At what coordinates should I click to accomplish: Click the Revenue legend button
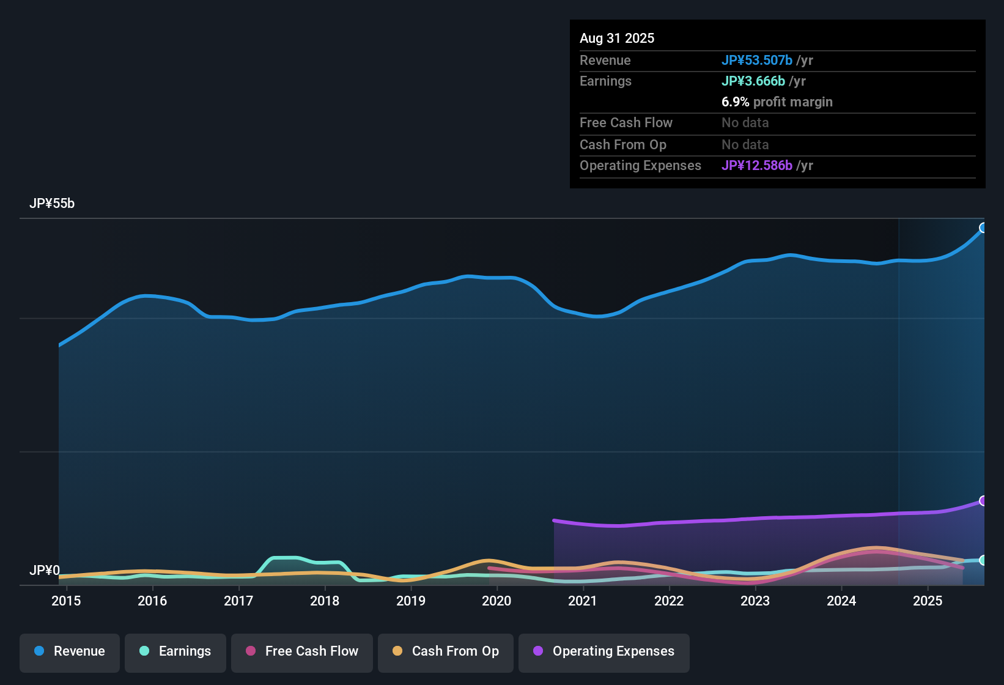pyautogui.click(x=70, y=651)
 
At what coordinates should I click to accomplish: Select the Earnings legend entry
pyautogui.click(x=175, y=651)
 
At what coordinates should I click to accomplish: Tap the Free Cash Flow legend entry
pyautogui.click(x=302, y=651)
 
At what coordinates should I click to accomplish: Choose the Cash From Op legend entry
pyautogui.click(x=446, y=651)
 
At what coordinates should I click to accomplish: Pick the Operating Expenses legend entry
pyautogui.click(x=604, y=651)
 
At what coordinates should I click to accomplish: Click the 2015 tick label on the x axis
pyautogui.click(x=66, y=601)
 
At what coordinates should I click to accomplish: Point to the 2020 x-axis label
pyautogui.click(x=496, y=601)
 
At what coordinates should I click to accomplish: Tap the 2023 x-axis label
pyautogui.click(x=755, y=601)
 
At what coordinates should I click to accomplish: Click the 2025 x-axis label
pyautogui.click(x=928, y=601)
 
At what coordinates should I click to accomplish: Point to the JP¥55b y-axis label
pyautogui.click(x=52, y=204)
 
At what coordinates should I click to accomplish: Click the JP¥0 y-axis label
pyautogui.click(x=44, y=571)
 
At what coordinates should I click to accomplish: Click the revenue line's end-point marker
pyautogui.click(x=983, y=228)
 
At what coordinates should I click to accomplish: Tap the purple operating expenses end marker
pyautogui.click(x=983, y=501)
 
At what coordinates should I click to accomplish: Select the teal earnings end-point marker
pyautogui.click(x=983, y=560)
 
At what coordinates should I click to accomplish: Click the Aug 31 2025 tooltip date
pyautogui.click(x=617, y=39)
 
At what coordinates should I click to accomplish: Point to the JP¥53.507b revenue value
pyautogui.click(x=757, y=61)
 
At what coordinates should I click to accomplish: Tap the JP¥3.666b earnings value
pyautogui.click(x=753, y=81)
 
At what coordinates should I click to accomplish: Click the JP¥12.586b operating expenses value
pyautogui.click(x=757, y=166)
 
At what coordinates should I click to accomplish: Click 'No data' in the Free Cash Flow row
pyautogui.click(x=745, y=123)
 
